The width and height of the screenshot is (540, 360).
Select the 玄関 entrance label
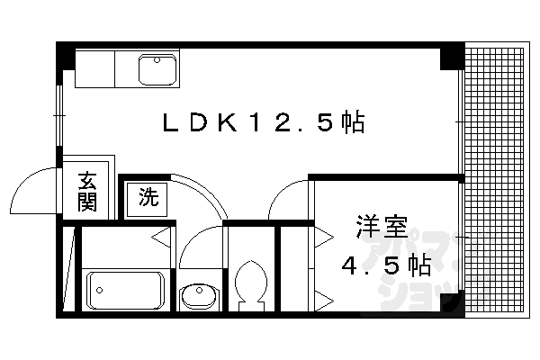click(87, 192)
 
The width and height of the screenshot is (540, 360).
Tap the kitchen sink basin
click(157, 68)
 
